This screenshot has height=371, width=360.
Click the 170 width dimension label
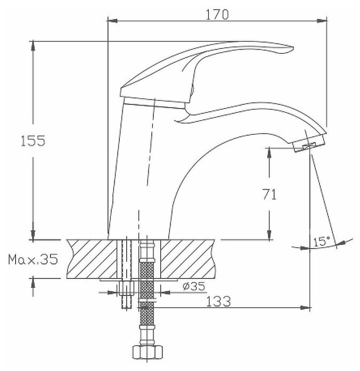pyautogui.click(x=217, y=15)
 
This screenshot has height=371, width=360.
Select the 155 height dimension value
pyautogui.click(x=33, y=141)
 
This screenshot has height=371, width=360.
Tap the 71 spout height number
pyautogui.click(x=269, y=194)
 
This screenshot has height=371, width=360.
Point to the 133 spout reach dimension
pyautogui.click(x=218, y=301)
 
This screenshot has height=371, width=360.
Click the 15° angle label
pyautogui.click(x=322, y=241)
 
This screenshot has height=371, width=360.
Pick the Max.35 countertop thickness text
pyautogui.click(x=33, y=259)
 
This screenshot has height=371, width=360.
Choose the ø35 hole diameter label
pyautogui.click(x=194, y=286)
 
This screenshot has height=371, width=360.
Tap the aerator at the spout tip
pyautogui.click(x=309, y=143)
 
